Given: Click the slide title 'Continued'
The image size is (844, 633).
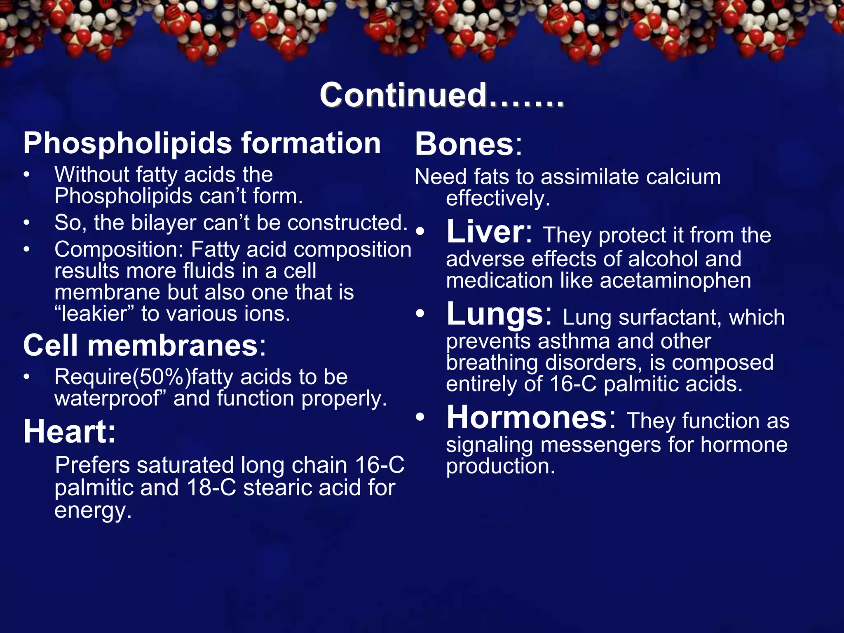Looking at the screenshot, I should tap(441, 95).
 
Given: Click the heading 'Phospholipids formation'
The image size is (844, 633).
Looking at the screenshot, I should tap(202, 143).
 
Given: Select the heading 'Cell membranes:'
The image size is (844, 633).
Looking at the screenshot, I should tap(145, 345).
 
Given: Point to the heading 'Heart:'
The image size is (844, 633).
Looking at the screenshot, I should tap(70, 432).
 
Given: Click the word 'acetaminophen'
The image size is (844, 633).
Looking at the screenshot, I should tap(675, 281).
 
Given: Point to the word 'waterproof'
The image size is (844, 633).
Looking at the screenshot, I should tap(107, 399).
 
